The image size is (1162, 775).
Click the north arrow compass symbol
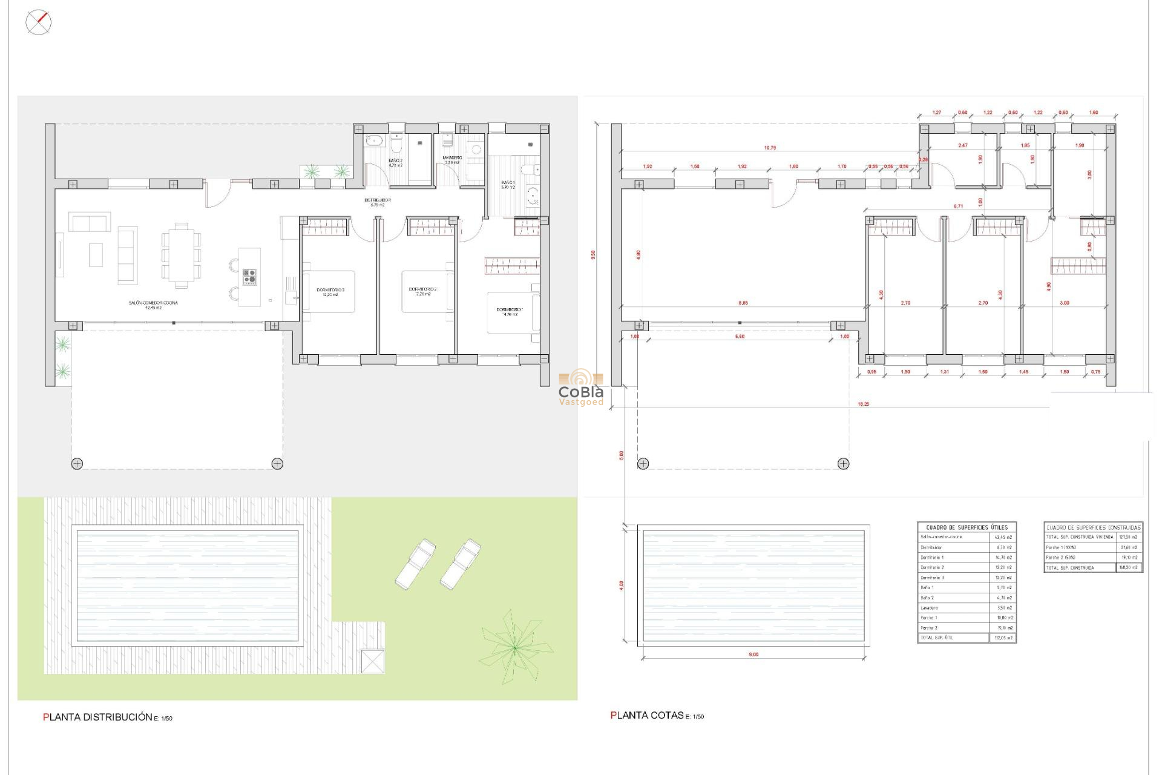point(38,22)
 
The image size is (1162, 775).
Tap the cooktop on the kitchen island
point(249,277)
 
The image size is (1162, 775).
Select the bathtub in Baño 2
point(373,141)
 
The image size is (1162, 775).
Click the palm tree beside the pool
point(515,647)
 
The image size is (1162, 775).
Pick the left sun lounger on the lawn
point(415,564)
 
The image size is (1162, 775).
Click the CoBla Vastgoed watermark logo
point(581,387)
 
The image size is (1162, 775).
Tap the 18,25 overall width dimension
point(863,404)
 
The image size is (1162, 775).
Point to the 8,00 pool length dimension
point(753,655)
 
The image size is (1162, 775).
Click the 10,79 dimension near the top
point(770,148)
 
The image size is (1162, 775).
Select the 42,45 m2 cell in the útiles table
point(1003,537)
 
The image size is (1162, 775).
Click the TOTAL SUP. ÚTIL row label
point(937,638)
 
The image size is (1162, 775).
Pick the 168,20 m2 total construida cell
point(1128,567)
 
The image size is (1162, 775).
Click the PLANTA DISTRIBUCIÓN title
point(98,717)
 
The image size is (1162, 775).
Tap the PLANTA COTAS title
point(648,715)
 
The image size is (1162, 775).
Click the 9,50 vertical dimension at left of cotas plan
point(593,254)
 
